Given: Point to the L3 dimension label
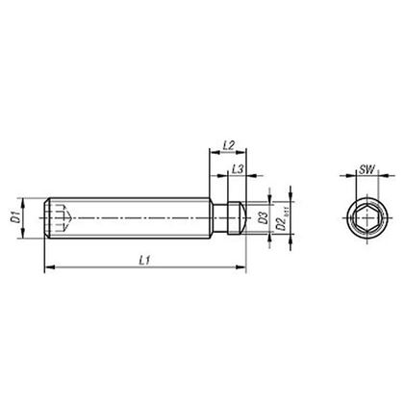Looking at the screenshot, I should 237,169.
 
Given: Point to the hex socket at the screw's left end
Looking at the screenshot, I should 60,219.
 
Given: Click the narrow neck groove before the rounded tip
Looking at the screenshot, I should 228,219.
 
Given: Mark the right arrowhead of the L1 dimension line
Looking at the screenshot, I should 242,266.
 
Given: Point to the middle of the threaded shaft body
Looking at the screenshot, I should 135,219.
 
